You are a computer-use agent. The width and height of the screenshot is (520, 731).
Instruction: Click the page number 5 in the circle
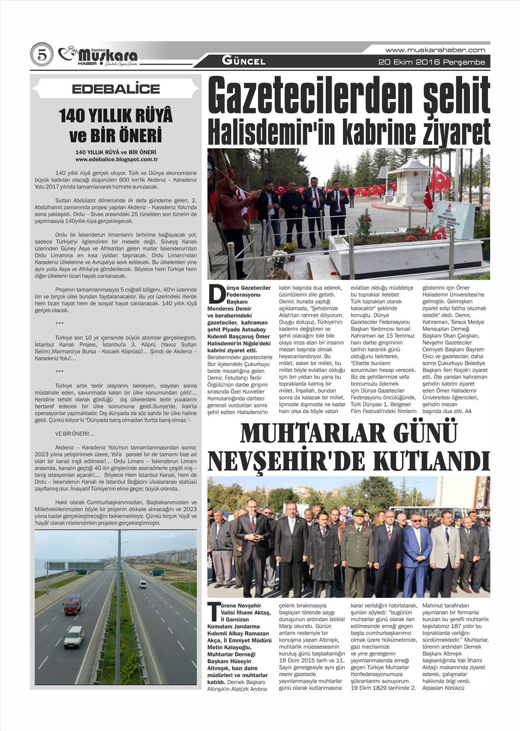coord(42,55)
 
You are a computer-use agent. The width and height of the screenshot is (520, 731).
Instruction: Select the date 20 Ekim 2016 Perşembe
coord(432,62)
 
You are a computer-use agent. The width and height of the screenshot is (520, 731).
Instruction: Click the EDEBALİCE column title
coord(116,89)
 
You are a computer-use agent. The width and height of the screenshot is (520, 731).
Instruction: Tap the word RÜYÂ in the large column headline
coord(152,116)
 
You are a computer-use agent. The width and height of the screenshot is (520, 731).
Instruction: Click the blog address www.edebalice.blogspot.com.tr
coord(116,160)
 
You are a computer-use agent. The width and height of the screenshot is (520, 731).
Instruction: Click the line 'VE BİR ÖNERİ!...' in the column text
coord(75,434)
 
